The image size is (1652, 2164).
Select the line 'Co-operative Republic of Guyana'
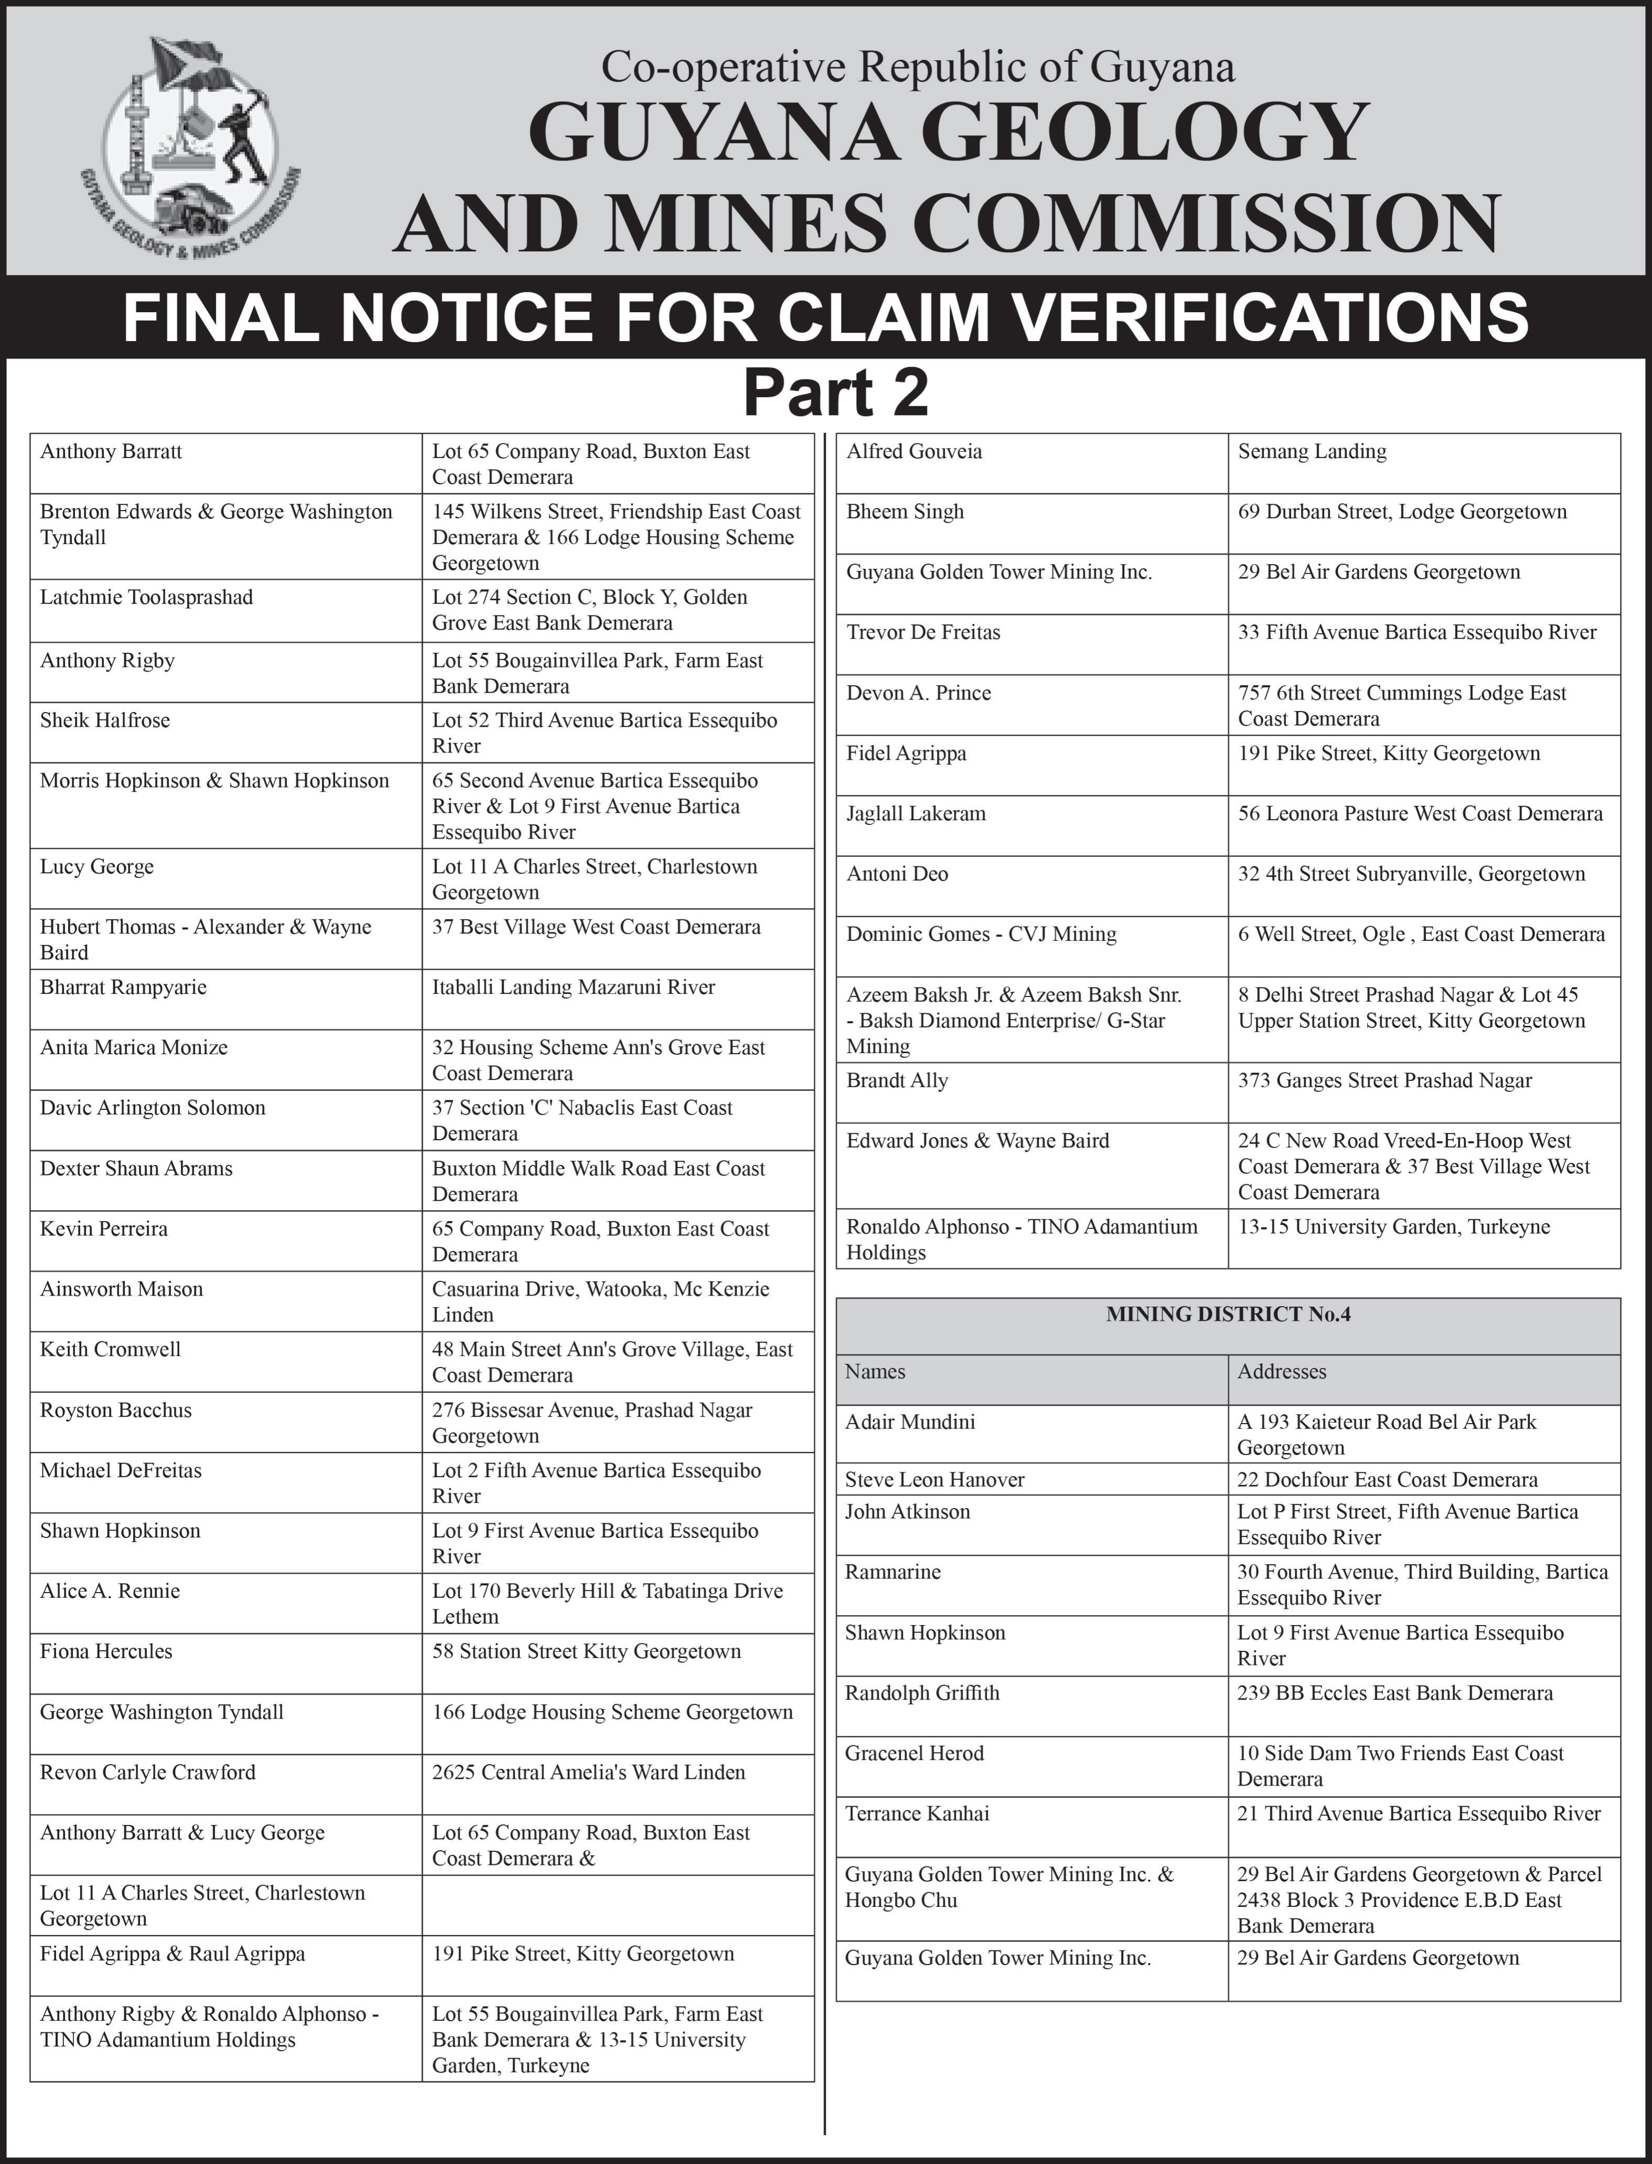(918, 67)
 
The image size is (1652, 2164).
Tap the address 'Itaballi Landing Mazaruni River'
(573, 988)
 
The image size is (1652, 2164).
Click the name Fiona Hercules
(106, 1651)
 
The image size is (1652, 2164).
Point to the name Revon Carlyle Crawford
(147, 1773)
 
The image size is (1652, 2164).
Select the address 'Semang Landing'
(1312, 451)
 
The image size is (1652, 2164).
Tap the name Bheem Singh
(904, 512)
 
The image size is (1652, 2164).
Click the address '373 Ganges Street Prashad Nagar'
(1384, 1081)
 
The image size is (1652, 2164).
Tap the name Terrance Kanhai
(916, 1814)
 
